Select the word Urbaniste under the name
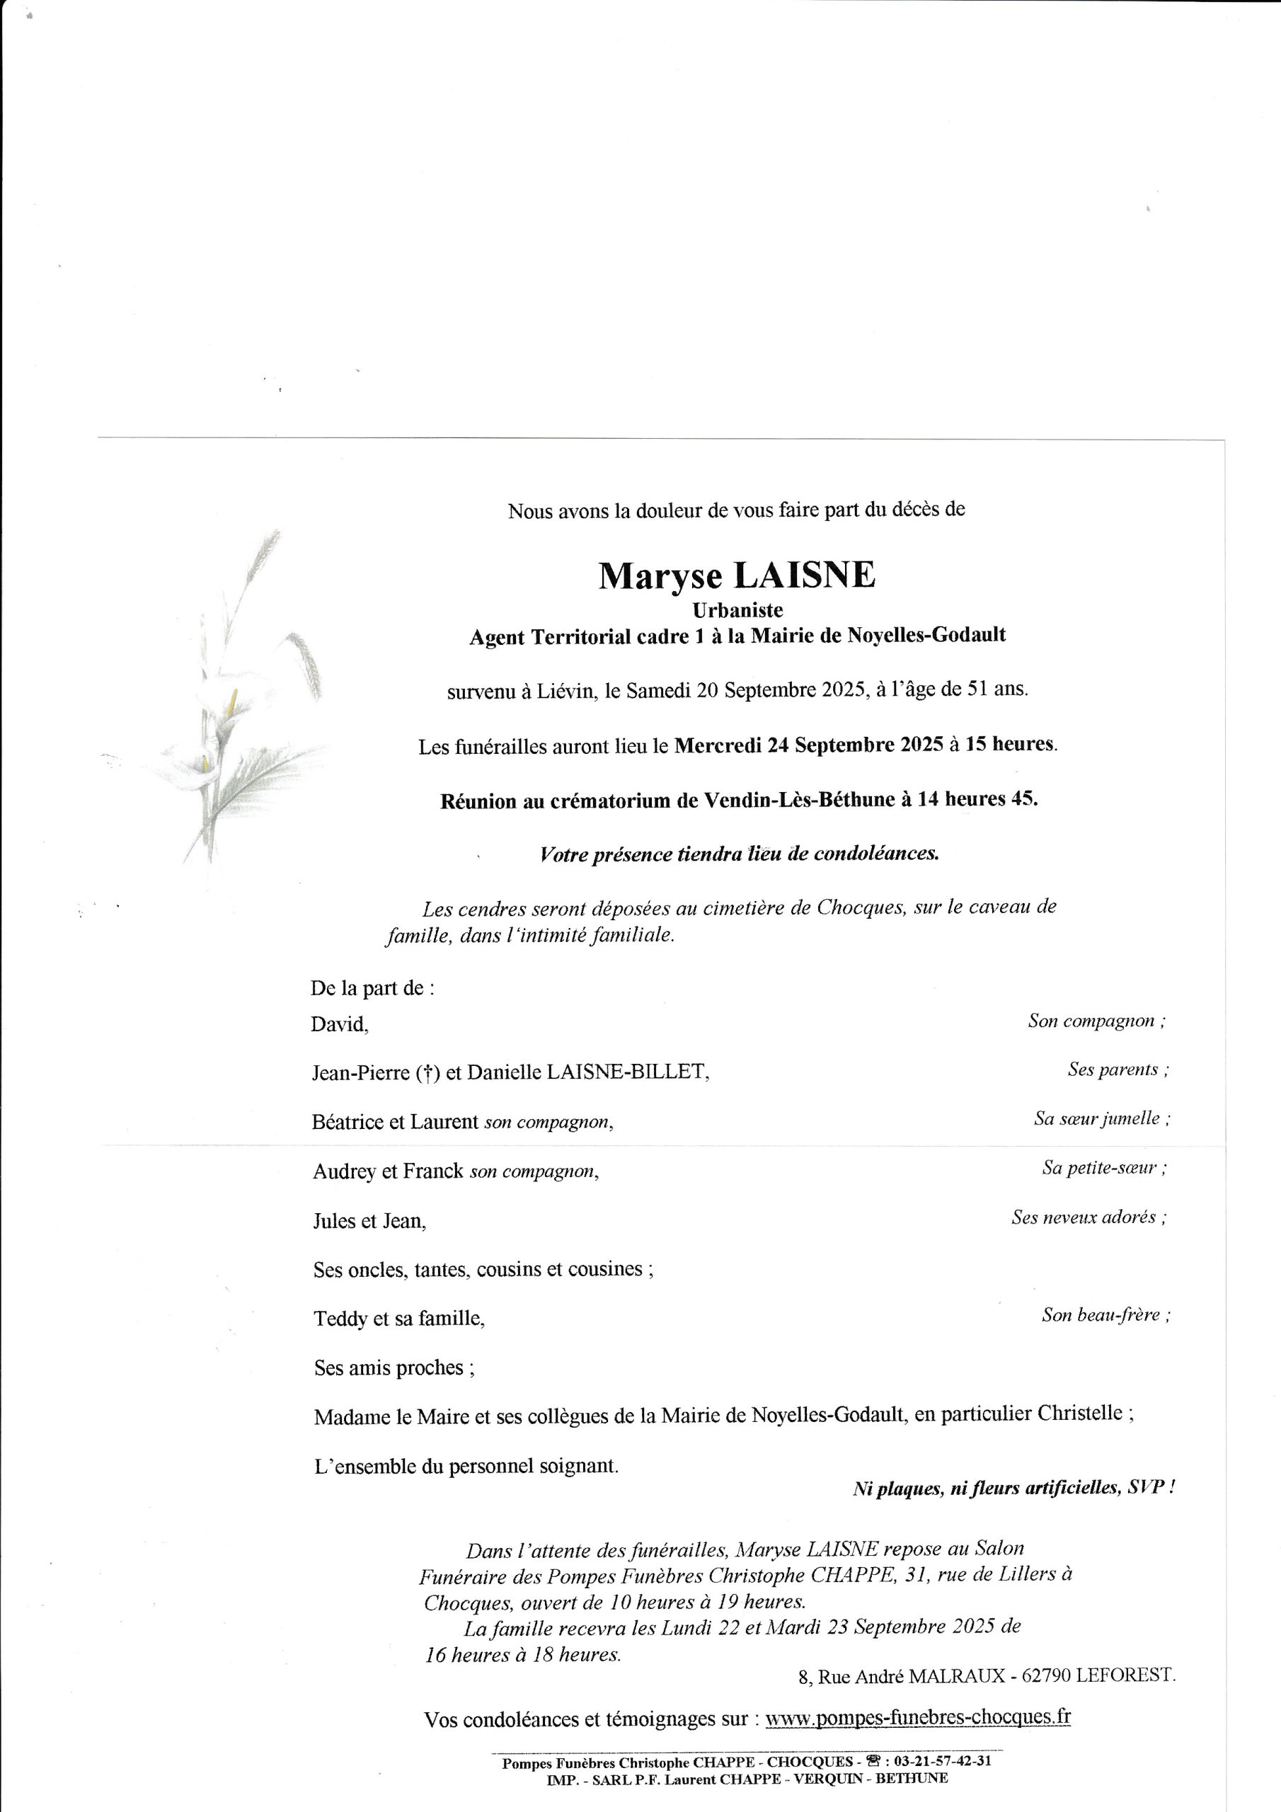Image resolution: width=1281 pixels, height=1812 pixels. [x=737, y=610]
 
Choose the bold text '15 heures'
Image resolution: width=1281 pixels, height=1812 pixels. [x=1009, y=743]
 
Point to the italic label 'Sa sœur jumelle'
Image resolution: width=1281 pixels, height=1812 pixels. [x=1101, y=1118]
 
